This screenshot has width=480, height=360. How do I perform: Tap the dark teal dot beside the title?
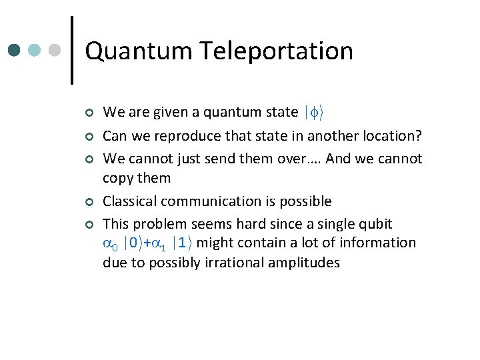click(x=14, y=50)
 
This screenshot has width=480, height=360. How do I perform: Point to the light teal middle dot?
click(x=35, y=50)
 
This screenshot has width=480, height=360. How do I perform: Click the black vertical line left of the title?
click(x=71, y=50)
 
